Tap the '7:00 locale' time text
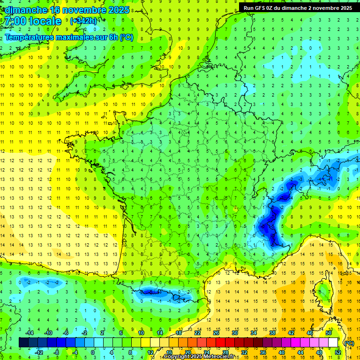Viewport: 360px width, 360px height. (33, 21)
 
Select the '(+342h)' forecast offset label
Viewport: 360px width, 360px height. (83, 21)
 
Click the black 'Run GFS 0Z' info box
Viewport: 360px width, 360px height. (298, 7)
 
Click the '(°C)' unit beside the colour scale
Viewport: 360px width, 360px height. (349, 343)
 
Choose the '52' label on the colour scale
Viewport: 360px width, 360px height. (338, 352)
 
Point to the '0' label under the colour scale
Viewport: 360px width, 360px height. (93, 352)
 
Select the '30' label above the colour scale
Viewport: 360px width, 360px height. (234, 333)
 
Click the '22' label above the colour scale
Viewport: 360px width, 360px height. (197, 333)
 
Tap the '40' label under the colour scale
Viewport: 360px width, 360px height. (282, 352)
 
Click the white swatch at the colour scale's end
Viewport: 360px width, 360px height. (333, 343)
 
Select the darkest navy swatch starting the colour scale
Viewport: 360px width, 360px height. (23, 343)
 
